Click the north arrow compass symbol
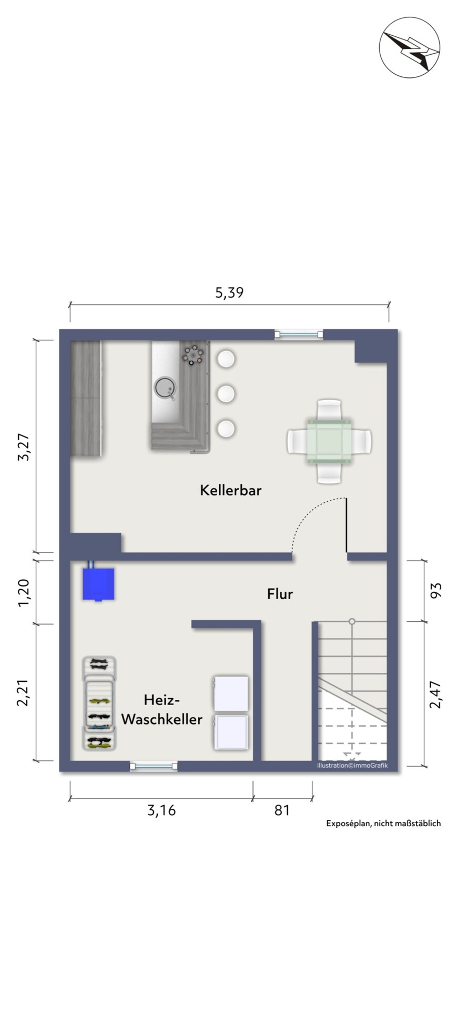[410, 47]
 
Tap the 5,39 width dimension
[229, 292]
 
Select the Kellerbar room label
[230, 490]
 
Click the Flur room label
[280, 594]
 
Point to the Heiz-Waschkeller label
[162, 709]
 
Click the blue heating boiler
[98, 583]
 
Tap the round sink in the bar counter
[165, 388]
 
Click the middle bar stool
[226, 393]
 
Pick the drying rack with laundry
[99, 703]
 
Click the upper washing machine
[231, 693]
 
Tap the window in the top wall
[299, 334]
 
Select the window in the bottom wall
[154, 766]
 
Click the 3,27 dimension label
[23, 448]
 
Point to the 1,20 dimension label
[23, 593]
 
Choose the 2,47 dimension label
[436, 695]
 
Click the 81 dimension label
[282, 810]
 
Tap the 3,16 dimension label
[161, 810]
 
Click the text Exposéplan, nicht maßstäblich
[383, 823]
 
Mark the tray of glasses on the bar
[192, 354]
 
